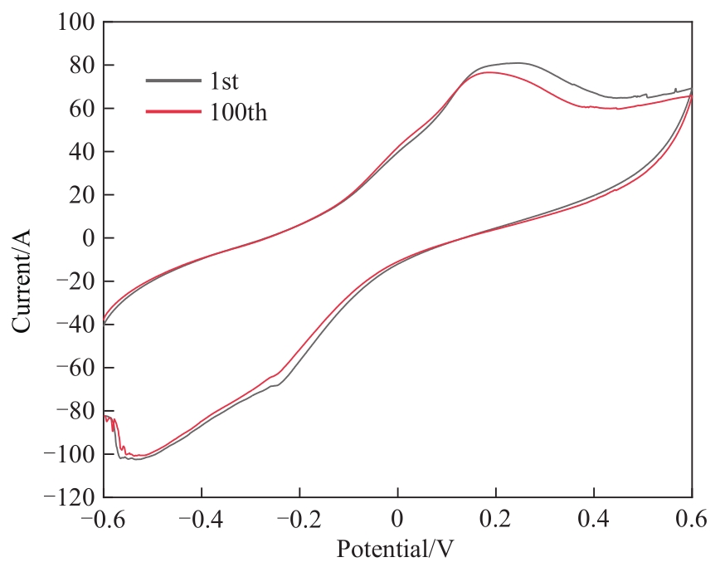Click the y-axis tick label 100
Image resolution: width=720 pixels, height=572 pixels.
[x=74, y=22]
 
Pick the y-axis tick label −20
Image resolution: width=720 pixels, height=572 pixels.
[x=73, y=281]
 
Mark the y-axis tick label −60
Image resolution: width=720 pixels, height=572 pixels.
[x=73, y=368]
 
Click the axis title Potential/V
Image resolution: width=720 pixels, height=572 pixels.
[x=396, y=549]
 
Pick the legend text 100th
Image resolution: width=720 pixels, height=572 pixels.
[x=240, y=112]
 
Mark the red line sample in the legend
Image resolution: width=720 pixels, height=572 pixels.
[x=173, y=111]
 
